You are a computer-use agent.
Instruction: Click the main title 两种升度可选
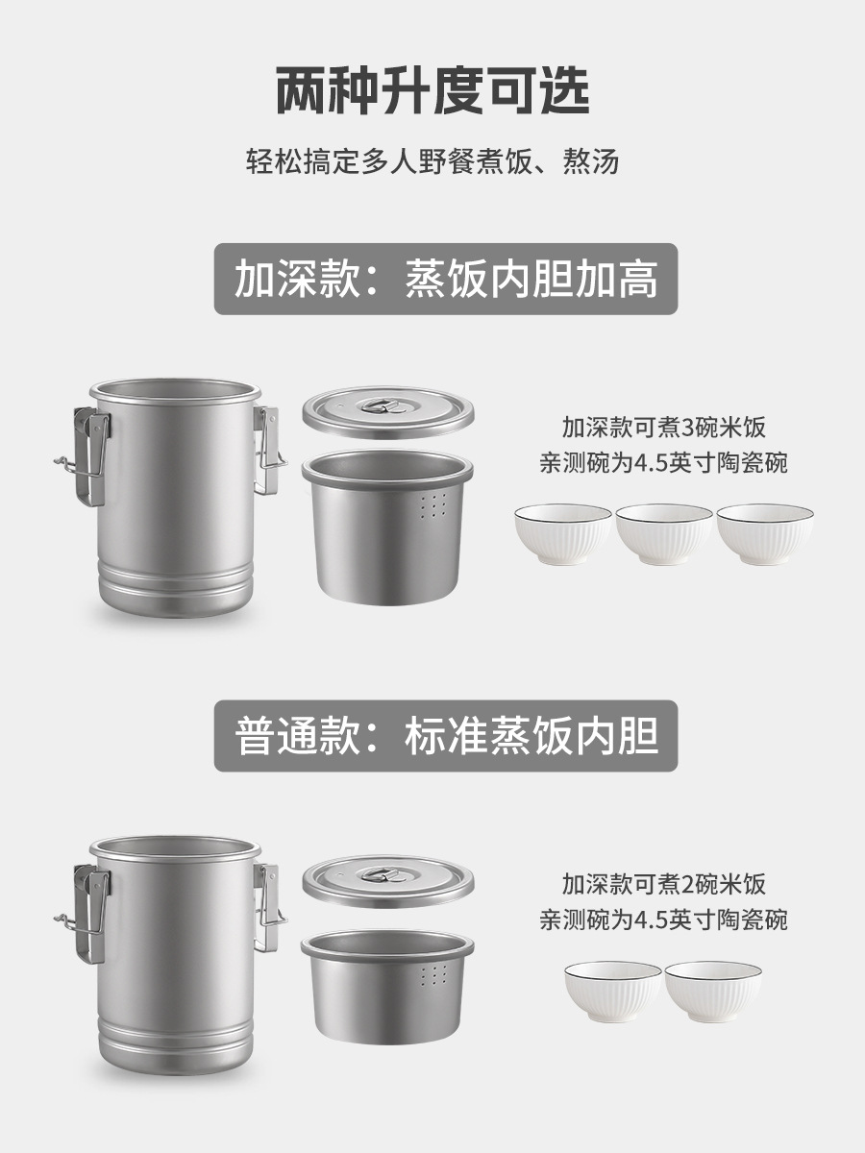coord(432,91)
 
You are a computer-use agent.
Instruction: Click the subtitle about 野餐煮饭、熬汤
coord(432,160)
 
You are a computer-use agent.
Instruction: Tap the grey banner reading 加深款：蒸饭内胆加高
coord(446,279)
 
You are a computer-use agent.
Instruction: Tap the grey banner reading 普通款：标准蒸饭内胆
coord(446,736)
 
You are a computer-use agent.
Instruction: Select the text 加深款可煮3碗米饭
coord(663,426)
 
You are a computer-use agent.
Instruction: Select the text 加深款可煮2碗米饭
coord(663,883)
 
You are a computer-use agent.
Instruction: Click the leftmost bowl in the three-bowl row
coord(562,533)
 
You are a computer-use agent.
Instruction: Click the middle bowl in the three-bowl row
coord(663,533)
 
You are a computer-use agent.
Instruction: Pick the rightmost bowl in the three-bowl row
coord(765,533)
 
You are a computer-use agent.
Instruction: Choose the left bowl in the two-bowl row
coord(612,991)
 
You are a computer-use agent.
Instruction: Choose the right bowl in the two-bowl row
coord(713,991)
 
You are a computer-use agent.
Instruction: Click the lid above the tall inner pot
coord(388,412)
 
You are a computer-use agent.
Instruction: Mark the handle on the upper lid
coord(387,404)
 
